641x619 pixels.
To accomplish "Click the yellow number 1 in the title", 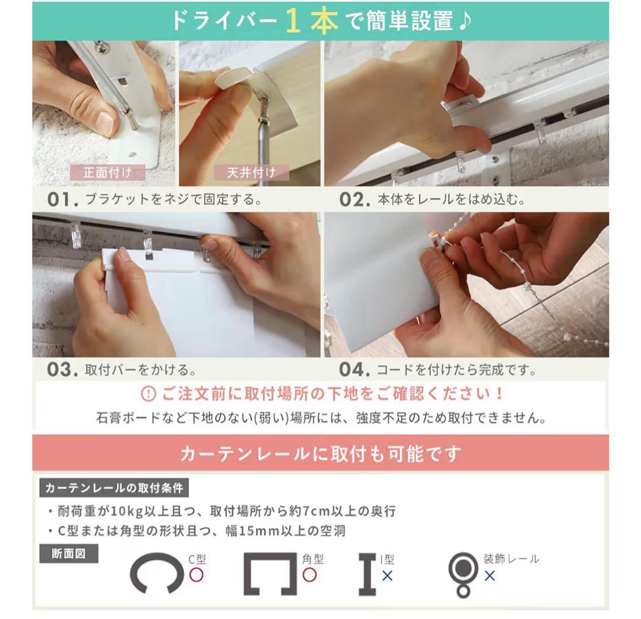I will [294, 21].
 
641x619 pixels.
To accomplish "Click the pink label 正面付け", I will [106, 173].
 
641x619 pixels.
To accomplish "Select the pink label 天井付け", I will [252, 173].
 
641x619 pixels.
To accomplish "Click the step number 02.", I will [355, 200].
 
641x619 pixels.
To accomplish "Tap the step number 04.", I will [355, 369].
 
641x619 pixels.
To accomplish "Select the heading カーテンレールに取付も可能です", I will [320, 454].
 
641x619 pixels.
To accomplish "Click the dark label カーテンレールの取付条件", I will [115, 488].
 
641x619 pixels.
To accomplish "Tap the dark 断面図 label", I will [68, 554].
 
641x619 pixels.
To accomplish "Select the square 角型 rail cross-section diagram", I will [270, 574].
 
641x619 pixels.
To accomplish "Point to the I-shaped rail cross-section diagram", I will [367, 574].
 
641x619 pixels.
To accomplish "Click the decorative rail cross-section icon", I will [463, 574].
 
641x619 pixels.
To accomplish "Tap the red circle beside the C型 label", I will [196, 574].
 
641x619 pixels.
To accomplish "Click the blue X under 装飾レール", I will [490, 576].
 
